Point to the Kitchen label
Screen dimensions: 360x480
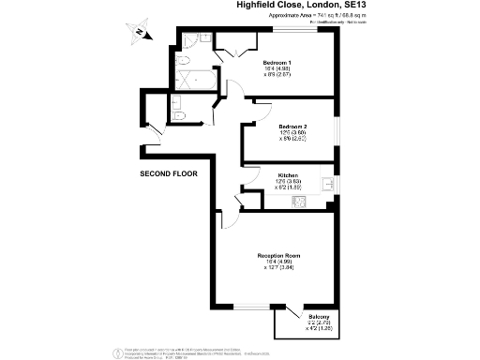288,175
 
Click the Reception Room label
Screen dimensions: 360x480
278,255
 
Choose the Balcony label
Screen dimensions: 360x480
319,318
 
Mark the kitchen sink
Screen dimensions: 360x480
325,184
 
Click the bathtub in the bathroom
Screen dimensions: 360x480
196,79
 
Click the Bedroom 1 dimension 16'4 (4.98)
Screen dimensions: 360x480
277,67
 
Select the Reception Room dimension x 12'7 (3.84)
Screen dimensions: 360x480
278,268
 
